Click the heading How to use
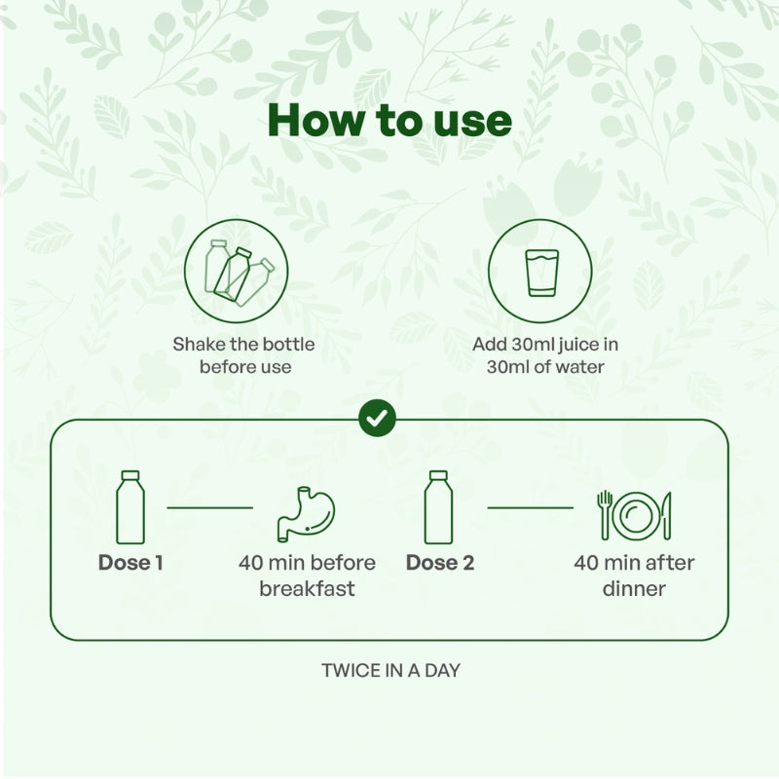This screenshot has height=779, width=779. [389, 121]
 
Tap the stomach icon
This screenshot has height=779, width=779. [305, 514]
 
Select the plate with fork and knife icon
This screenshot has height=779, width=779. [634, 514]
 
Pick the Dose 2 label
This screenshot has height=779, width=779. [440, 563]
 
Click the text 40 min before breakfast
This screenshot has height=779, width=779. [307, 575]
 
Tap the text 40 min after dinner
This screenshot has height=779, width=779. [634, 575]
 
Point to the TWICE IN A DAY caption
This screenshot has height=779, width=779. [390, 671]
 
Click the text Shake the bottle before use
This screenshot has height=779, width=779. [244, 355]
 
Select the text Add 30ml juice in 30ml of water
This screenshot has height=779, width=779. [545, 355]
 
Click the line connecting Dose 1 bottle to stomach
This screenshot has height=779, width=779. [209, 507]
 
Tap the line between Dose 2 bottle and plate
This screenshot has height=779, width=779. [530, 507]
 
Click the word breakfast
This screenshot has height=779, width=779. [307, 589]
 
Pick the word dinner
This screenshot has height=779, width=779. [634, 589]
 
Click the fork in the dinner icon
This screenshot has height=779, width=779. [605, 514]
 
